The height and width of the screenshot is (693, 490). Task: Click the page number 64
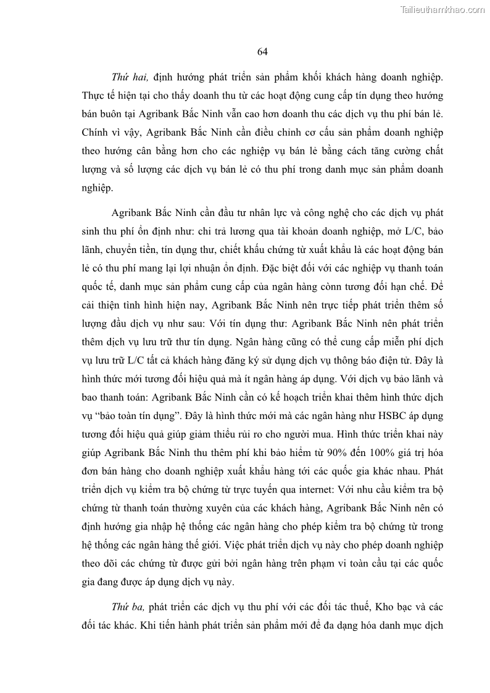[262, 52]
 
